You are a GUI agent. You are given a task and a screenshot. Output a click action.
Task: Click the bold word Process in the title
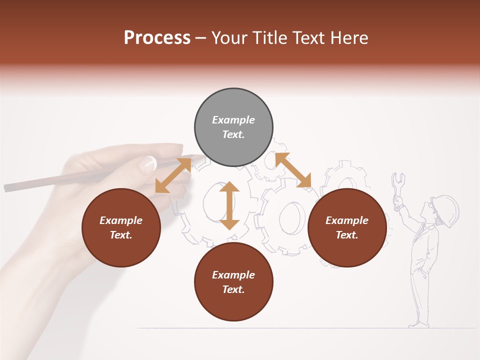point(157,37)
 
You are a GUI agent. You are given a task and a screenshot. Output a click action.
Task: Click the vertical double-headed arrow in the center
point(229,205)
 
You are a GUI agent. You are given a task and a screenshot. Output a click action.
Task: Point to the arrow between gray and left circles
point(173,175)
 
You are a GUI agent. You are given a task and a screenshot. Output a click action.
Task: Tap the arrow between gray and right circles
point(293,170)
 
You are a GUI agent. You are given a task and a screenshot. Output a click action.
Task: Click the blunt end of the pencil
point(7,188)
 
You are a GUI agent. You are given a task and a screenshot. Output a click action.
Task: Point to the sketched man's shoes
point(418,324)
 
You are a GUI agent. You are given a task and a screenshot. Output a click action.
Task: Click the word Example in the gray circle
point(233,120)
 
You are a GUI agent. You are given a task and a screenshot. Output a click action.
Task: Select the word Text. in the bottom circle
point(233,289)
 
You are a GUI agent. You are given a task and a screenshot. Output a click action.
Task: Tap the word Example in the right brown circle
point(347,220)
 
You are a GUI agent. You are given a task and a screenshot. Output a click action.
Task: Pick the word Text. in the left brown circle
point(121,235)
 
